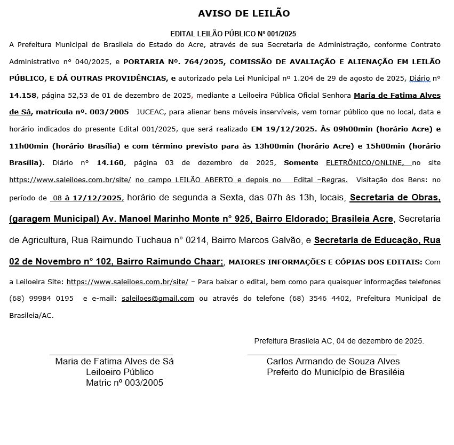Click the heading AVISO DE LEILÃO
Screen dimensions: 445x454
244,13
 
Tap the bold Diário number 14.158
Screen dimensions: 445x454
22,95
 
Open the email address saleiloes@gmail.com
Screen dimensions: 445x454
158,298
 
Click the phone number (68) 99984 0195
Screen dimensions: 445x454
42,298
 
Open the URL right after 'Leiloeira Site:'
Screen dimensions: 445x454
128,282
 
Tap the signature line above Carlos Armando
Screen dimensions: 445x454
322,354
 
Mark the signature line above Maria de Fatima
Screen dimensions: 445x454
111,354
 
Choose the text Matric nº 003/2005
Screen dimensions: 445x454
124,382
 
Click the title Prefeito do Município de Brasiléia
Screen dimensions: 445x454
336,372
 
